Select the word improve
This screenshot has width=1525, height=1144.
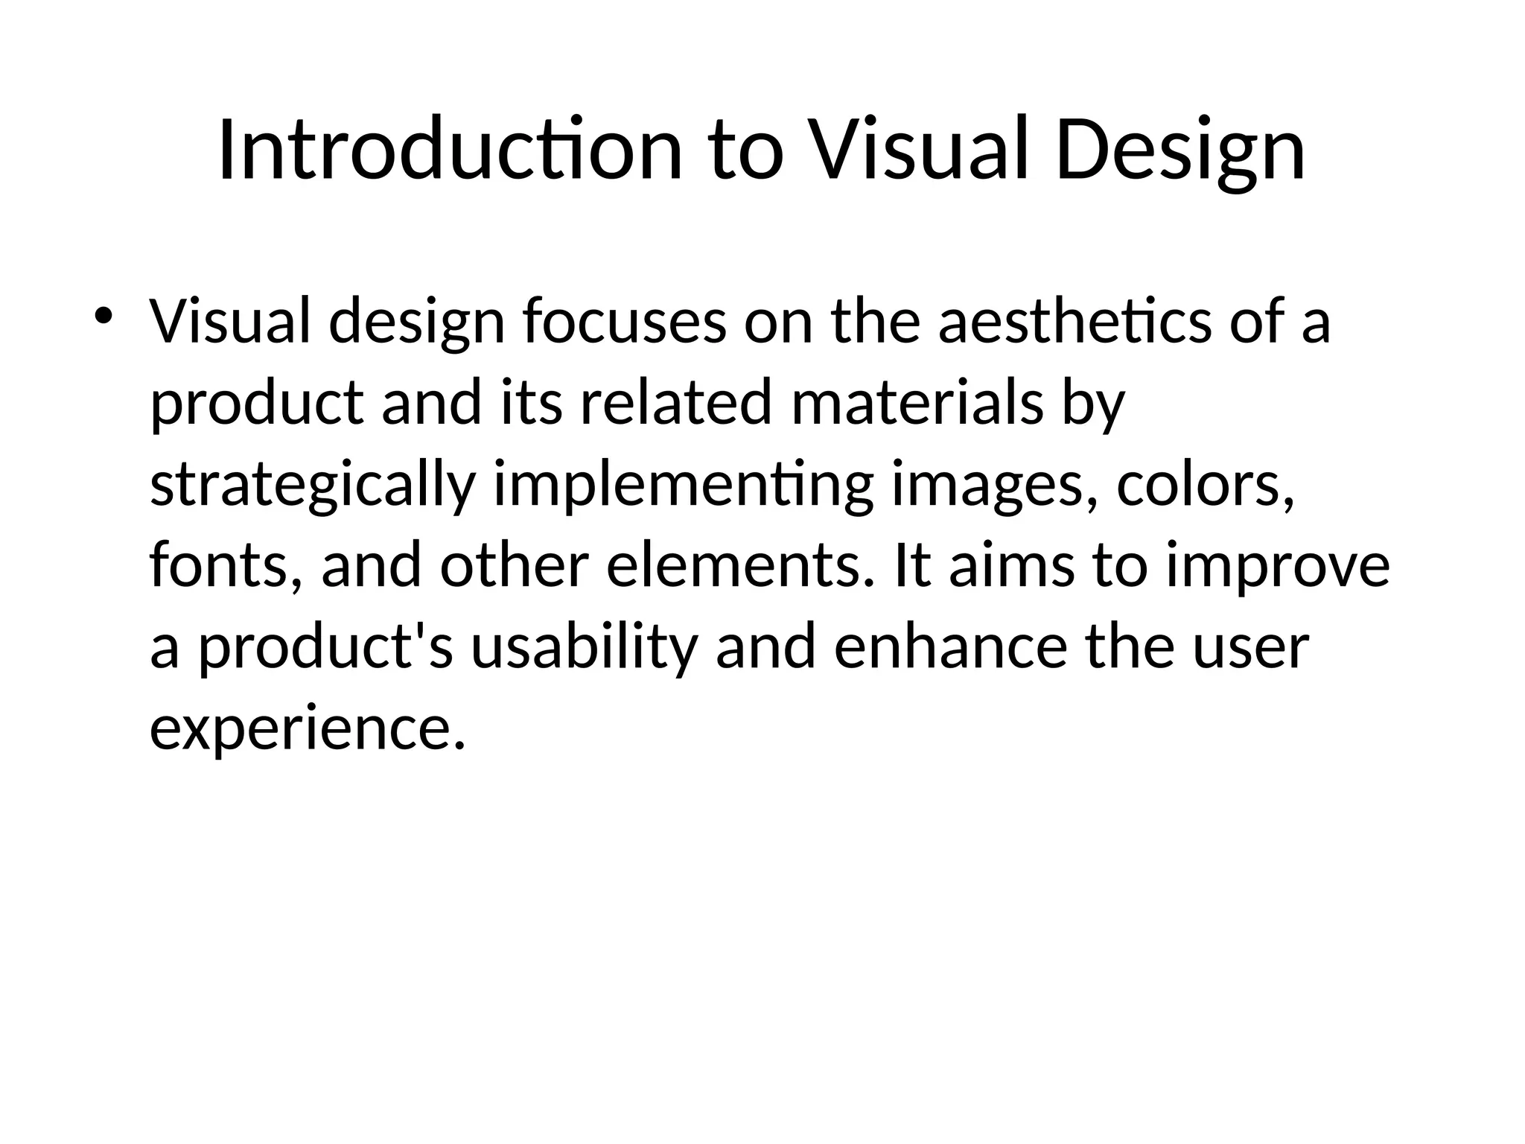pos(1278,566)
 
